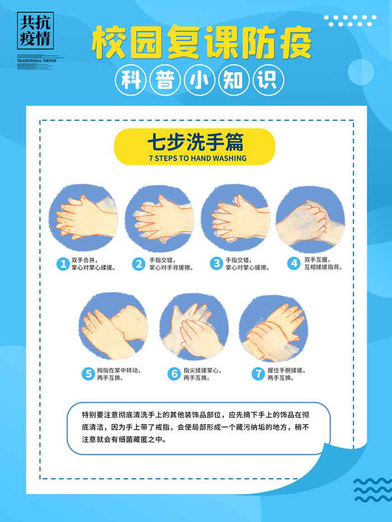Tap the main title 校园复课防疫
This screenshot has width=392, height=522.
201,43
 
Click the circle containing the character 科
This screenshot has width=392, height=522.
130,81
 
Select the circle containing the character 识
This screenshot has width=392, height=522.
268,81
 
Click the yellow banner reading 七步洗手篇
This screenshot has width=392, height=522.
194,147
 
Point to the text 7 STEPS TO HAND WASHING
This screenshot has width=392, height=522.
198,158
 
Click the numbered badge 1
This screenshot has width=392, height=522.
62,264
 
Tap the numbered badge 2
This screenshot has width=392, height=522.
138,264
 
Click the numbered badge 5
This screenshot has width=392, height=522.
87,374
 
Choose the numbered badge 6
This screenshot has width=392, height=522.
174,374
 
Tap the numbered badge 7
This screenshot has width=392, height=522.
258,374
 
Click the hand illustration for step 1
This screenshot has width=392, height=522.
84,219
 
